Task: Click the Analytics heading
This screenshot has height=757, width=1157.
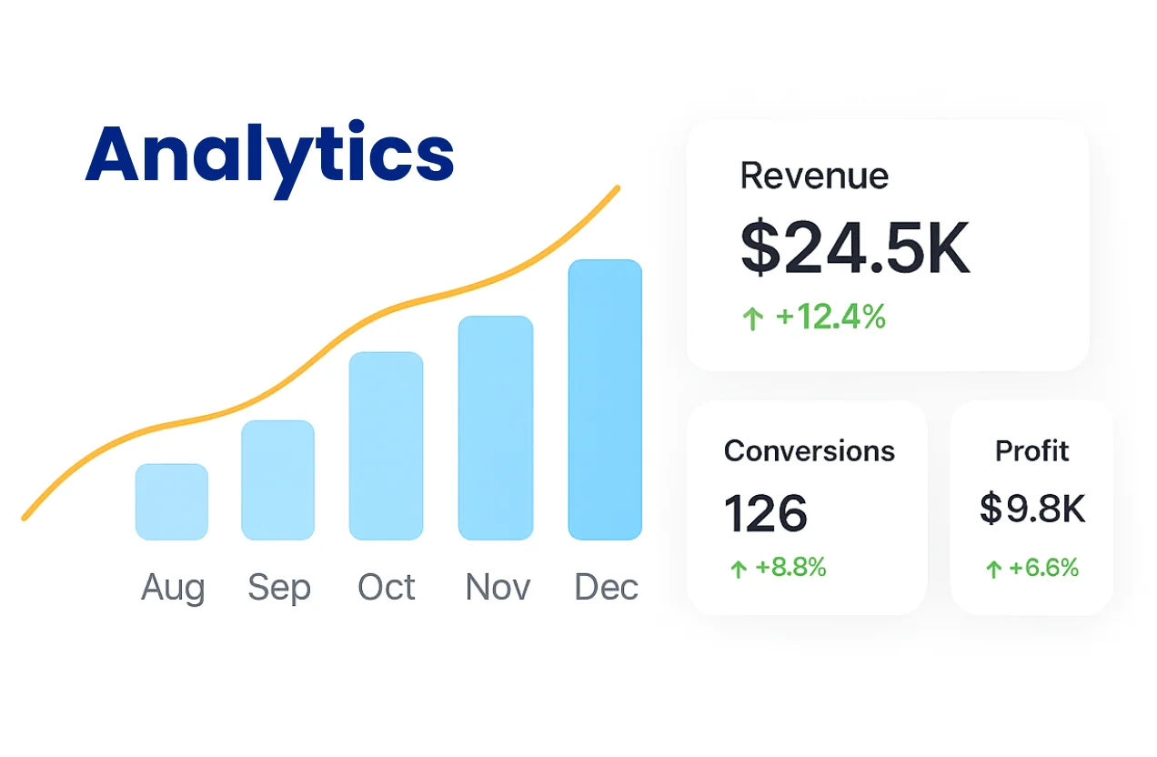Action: click(x=269, y=156)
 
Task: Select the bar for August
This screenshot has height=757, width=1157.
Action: click(x=172, y=501)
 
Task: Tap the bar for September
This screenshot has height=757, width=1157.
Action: click(x=277, y=479)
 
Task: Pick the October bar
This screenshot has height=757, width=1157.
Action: click(x=386, y=446)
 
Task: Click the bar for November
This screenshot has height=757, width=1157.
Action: click(x=495, y=428)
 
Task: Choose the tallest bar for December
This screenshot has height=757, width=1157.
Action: click(x=605, y=399)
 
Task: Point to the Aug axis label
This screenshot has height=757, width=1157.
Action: click(x=173, y=589)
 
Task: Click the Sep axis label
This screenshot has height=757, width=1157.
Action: click(x=279, y=589)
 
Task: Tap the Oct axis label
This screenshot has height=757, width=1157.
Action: click(x=387, y=588)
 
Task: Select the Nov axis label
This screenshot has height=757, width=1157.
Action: click(x=498, y=588)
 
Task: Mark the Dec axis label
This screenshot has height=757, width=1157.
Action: click(x=606, y=588)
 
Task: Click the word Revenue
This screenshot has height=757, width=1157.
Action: click(x=814, y=176)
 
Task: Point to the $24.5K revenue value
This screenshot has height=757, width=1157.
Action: click(x=855, y=247)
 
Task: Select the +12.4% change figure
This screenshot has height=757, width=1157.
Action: click(x=830, y=317)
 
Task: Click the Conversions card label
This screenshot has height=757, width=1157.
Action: click(x=810, y=450)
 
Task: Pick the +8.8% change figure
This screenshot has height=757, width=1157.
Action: click(x=790, y=568)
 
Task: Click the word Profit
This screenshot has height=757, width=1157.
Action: click(x=1031, y=450)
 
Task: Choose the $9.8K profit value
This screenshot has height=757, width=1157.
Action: click(x=1032, y=510)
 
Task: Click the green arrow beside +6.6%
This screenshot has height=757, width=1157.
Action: click(x=993, y=570)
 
